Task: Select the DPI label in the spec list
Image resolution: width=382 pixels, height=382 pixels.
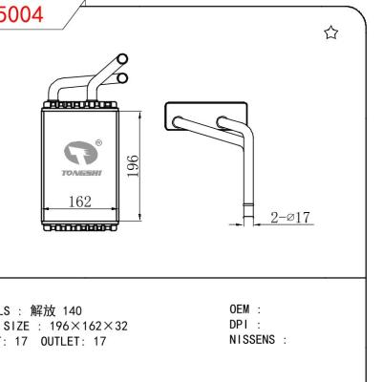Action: click(x=240, y=324)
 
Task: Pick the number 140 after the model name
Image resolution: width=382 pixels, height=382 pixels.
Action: click(x=74, y=309)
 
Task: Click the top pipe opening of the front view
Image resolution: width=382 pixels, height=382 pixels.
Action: click(x=121, y=58)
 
